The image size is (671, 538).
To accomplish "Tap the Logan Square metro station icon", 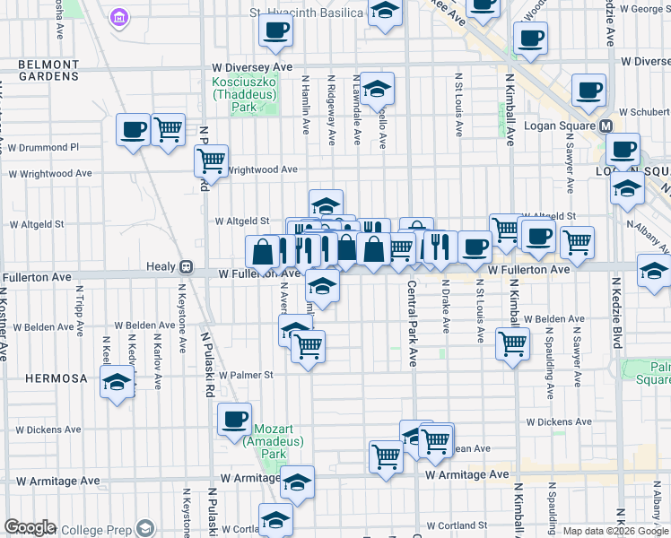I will point(606,126).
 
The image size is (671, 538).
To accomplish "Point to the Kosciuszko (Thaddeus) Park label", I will point(245,94).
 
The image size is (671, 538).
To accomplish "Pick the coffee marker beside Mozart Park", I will point(235,419).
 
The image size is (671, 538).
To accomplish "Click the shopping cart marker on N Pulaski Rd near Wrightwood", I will point(211,161).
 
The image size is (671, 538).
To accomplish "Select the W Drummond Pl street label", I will point(47,147).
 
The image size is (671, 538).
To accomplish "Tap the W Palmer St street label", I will point(243,375).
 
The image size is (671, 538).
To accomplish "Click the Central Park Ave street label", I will point(413,323).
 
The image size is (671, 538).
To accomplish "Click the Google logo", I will point(30,527).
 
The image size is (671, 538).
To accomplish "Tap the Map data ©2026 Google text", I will point(615,531).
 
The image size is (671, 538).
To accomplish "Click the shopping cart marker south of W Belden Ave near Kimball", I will point(512,342).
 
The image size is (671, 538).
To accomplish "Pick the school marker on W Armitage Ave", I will point(297,482).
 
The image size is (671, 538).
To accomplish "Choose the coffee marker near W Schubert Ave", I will point(588,90).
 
